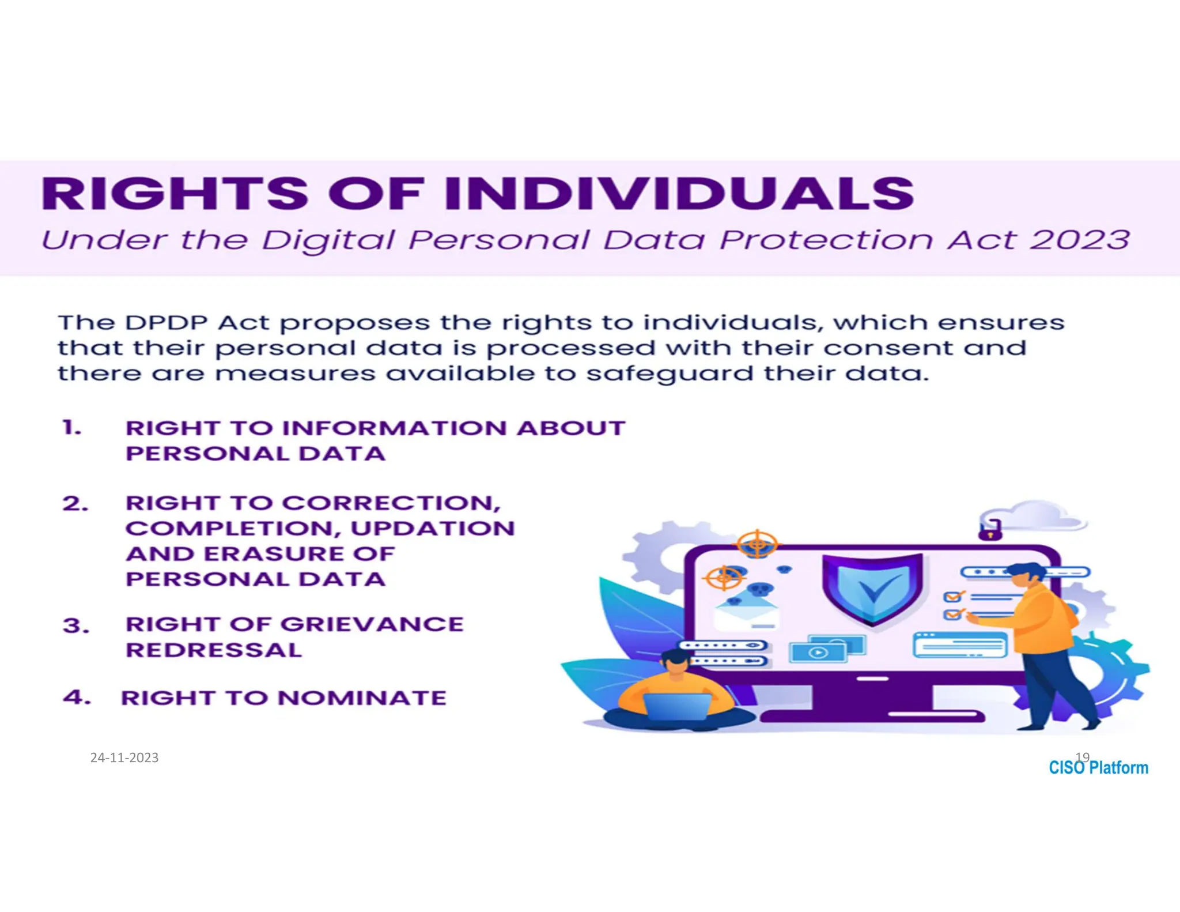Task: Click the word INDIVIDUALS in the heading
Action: [x=680, y=194]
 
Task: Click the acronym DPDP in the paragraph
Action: [x=166, y=322]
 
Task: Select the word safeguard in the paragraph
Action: [x=670, y=374]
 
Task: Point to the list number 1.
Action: [x=72, y=428]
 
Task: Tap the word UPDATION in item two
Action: [x=432, y=529]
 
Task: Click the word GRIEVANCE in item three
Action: [x=372, y=624]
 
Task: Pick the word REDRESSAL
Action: [x=214, y=650]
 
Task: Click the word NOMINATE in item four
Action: [x=362, y=698]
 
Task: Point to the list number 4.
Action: [x=77, y=698]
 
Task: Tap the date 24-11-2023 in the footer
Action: [x=124, y=758]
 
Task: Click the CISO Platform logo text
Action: [x=1098, y=768]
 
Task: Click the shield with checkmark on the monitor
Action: [x=872, y=588]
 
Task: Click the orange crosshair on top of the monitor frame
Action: [x=757, y=544]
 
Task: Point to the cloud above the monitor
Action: [x=1037, y=515]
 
